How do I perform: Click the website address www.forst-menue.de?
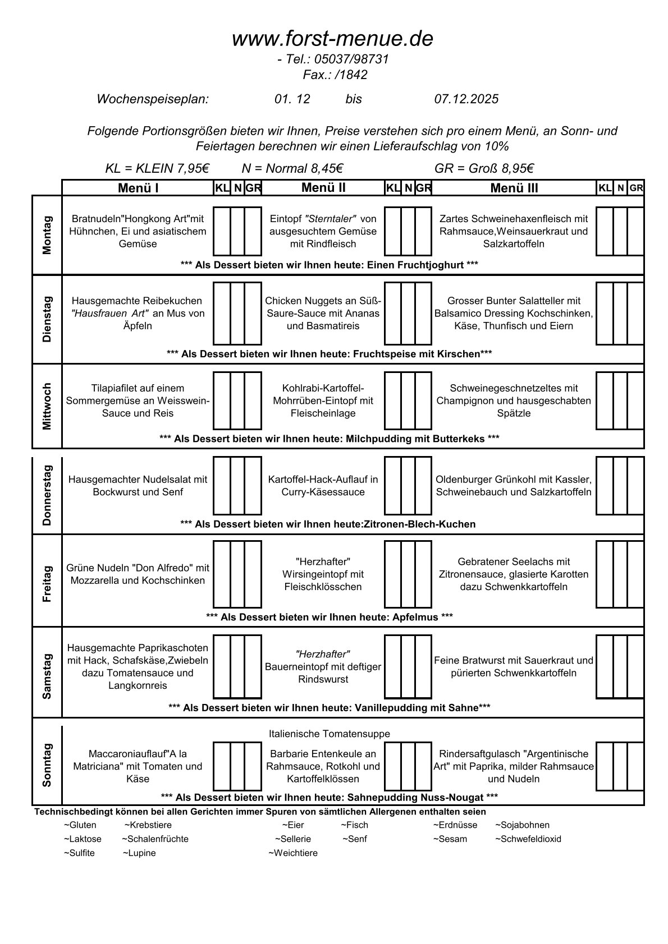[x=332, y=39]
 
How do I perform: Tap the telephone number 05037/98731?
[x=351, y=59]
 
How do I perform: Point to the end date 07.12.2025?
[x=466, y=99]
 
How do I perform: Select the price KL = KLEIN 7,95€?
[x=157, y=168]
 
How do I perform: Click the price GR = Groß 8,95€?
[x=483, y=168]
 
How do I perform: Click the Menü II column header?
[x=323, y=188]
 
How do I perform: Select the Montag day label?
[x=47, y=234]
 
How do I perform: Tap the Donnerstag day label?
[x=47, y=495]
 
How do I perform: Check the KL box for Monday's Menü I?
[x=221, y=231]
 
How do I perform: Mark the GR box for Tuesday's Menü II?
[x=424, y=313]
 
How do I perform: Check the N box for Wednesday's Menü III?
[x=620, y=400]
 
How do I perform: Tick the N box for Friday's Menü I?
[x=237, y=574]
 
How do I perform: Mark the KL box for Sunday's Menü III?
[x=604, y=766]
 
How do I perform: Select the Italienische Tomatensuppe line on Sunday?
[x=329, y=734]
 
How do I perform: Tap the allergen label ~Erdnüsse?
[x=455, y=825]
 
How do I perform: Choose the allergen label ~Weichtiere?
[x=292, y=853]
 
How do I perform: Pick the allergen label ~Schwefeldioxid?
[x=528, y=839]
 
